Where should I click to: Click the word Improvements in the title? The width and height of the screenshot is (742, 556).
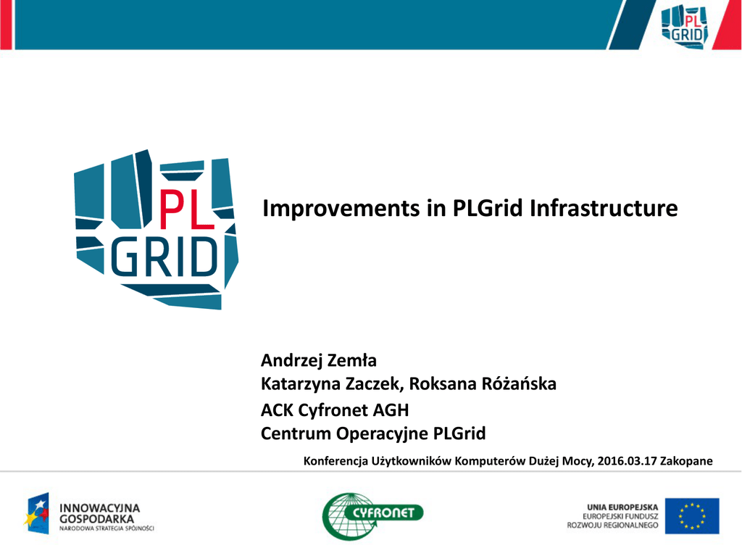click(x=341, y=208)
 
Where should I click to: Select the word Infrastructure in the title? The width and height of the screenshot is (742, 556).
click(x=604, y=208)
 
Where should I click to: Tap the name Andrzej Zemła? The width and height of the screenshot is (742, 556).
click(x=319, y=360)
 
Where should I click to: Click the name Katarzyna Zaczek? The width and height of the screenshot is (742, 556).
click(x=330, y=384)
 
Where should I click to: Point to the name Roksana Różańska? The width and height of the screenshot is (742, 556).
click(x=482, y=383)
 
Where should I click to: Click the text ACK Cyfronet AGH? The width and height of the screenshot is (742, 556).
click(x=335, y=410)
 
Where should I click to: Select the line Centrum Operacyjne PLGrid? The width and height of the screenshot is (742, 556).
click(x=373, y=433)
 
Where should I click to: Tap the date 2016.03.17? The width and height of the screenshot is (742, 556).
click(x=627, y=461)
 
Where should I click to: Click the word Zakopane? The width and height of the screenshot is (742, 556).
click(x=686, y=461)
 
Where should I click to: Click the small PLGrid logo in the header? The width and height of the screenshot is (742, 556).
click(x=684, y=25)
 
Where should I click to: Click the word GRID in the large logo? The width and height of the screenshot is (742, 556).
click(x=164, y=257)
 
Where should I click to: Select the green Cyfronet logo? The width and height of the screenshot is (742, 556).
click(x=372, y=516)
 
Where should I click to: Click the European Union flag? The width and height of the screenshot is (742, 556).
click(x=692, y=515)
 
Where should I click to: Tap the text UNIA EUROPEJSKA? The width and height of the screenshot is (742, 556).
click(x=622, y=507)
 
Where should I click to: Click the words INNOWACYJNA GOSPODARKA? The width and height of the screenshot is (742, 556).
click(x=99, y=513)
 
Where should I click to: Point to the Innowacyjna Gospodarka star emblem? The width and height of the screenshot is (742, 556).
click(x=37, y=513)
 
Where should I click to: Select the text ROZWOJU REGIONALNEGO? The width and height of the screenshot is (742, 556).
click(x=613, y=526)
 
